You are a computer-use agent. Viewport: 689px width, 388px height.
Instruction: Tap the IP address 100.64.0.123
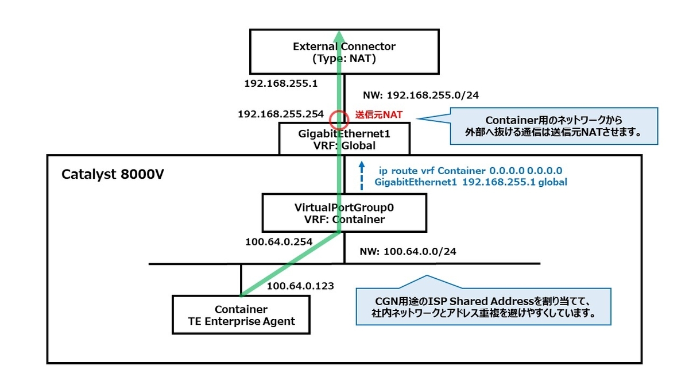tap(300, 285)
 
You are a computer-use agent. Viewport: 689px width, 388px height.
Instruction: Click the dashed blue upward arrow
tap(361, 175)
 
